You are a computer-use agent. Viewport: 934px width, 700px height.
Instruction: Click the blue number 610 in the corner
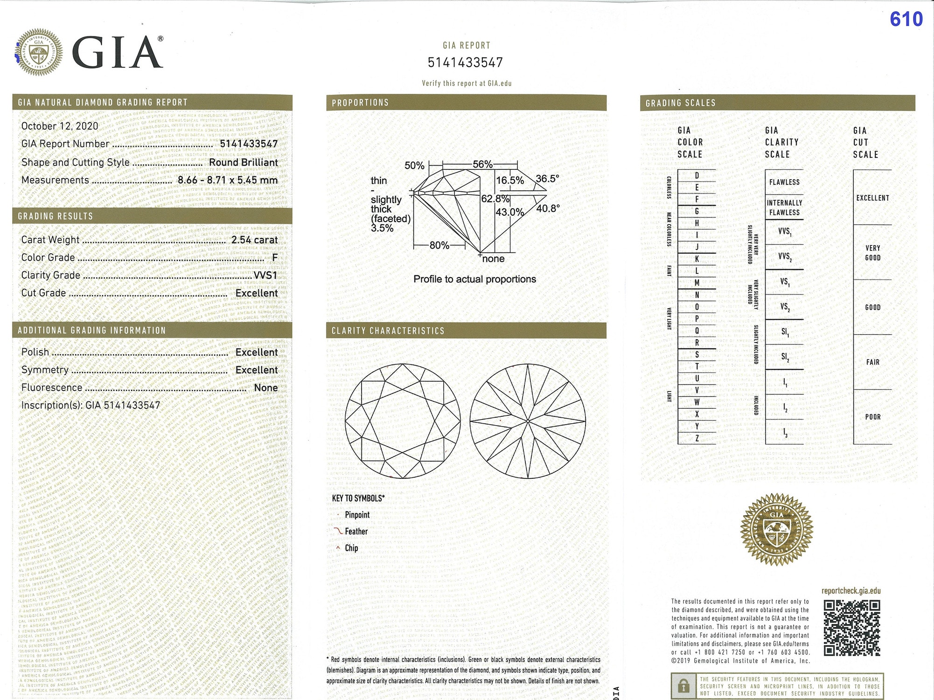[906, 19]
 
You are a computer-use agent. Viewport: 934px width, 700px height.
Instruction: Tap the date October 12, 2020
[60, 126]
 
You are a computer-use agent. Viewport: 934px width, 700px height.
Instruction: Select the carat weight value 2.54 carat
[254, 240]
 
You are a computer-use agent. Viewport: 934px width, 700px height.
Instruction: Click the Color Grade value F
[275, 258]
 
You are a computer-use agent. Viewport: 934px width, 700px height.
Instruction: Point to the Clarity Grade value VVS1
[265, 275]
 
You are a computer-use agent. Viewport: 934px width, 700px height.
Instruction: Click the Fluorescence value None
[266, 388]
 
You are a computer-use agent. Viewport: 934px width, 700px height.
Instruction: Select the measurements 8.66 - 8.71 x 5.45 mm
[228, 180]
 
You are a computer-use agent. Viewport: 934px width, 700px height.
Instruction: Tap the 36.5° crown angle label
[547, 179]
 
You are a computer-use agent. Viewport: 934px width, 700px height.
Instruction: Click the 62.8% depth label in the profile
[495, 199]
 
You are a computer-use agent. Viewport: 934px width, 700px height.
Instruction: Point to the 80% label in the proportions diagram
[439, 245]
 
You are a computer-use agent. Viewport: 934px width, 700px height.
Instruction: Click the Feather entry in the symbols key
[356, 532]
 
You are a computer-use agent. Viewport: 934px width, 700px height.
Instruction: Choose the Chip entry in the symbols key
[351, 548]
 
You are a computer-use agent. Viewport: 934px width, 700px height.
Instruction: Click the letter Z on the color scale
[697, 438]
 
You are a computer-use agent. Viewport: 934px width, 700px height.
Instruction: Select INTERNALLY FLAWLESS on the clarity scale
[784, 208]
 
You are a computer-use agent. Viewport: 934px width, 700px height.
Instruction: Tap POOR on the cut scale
[872, 417]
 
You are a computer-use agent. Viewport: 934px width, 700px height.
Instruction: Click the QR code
[851, 628]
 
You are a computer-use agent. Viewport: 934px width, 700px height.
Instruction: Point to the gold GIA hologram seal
[776, 529]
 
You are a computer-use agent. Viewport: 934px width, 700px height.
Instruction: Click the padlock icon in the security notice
[683, 686]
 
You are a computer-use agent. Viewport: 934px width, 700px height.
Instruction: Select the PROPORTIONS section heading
[360, 103]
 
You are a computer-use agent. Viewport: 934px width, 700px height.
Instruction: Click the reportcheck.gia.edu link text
[851, 591]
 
